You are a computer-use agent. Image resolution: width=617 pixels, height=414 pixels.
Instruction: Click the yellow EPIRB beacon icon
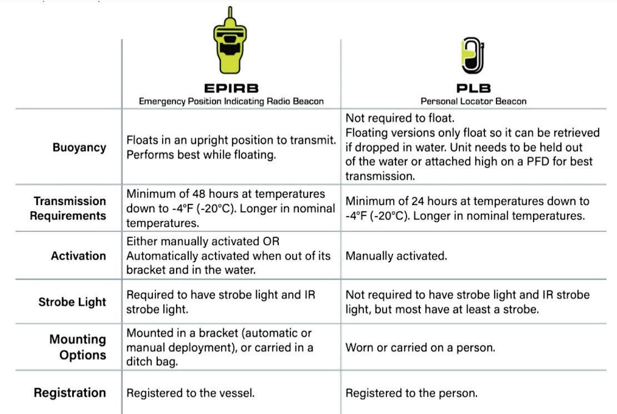pos(230,44)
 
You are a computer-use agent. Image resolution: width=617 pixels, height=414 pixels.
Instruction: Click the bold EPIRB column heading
pos(230,89)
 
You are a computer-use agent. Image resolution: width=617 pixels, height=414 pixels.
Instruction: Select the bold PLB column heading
pos(473,89)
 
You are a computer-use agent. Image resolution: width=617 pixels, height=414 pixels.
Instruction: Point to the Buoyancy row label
pos(79,148)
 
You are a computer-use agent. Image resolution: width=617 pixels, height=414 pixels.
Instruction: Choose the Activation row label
pos(78,256)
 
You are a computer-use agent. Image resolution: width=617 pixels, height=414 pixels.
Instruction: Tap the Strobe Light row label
pos(72,302)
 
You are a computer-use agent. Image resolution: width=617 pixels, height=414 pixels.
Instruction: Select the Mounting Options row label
pos(77,347)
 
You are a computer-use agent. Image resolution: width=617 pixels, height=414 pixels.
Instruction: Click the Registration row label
pos(70,393)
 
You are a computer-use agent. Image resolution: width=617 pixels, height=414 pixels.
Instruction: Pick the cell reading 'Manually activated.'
pos(396,256)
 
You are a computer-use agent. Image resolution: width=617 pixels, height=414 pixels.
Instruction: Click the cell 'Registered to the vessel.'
pos(190,393)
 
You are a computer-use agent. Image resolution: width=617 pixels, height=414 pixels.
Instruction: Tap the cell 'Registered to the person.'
pos(412,393)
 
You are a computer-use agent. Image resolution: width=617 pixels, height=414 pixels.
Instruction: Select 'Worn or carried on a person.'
pos(420,347)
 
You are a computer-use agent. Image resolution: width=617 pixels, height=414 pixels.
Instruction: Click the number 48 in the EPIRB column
pos(199,194)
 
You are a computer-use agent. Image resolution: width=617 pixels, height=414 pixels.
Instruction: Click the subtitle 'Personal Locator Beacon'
pos(473,101)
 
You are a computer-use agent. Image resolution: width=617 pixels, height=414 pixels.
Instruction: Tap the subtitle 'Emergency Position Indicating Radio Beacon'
pos(230,101)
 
